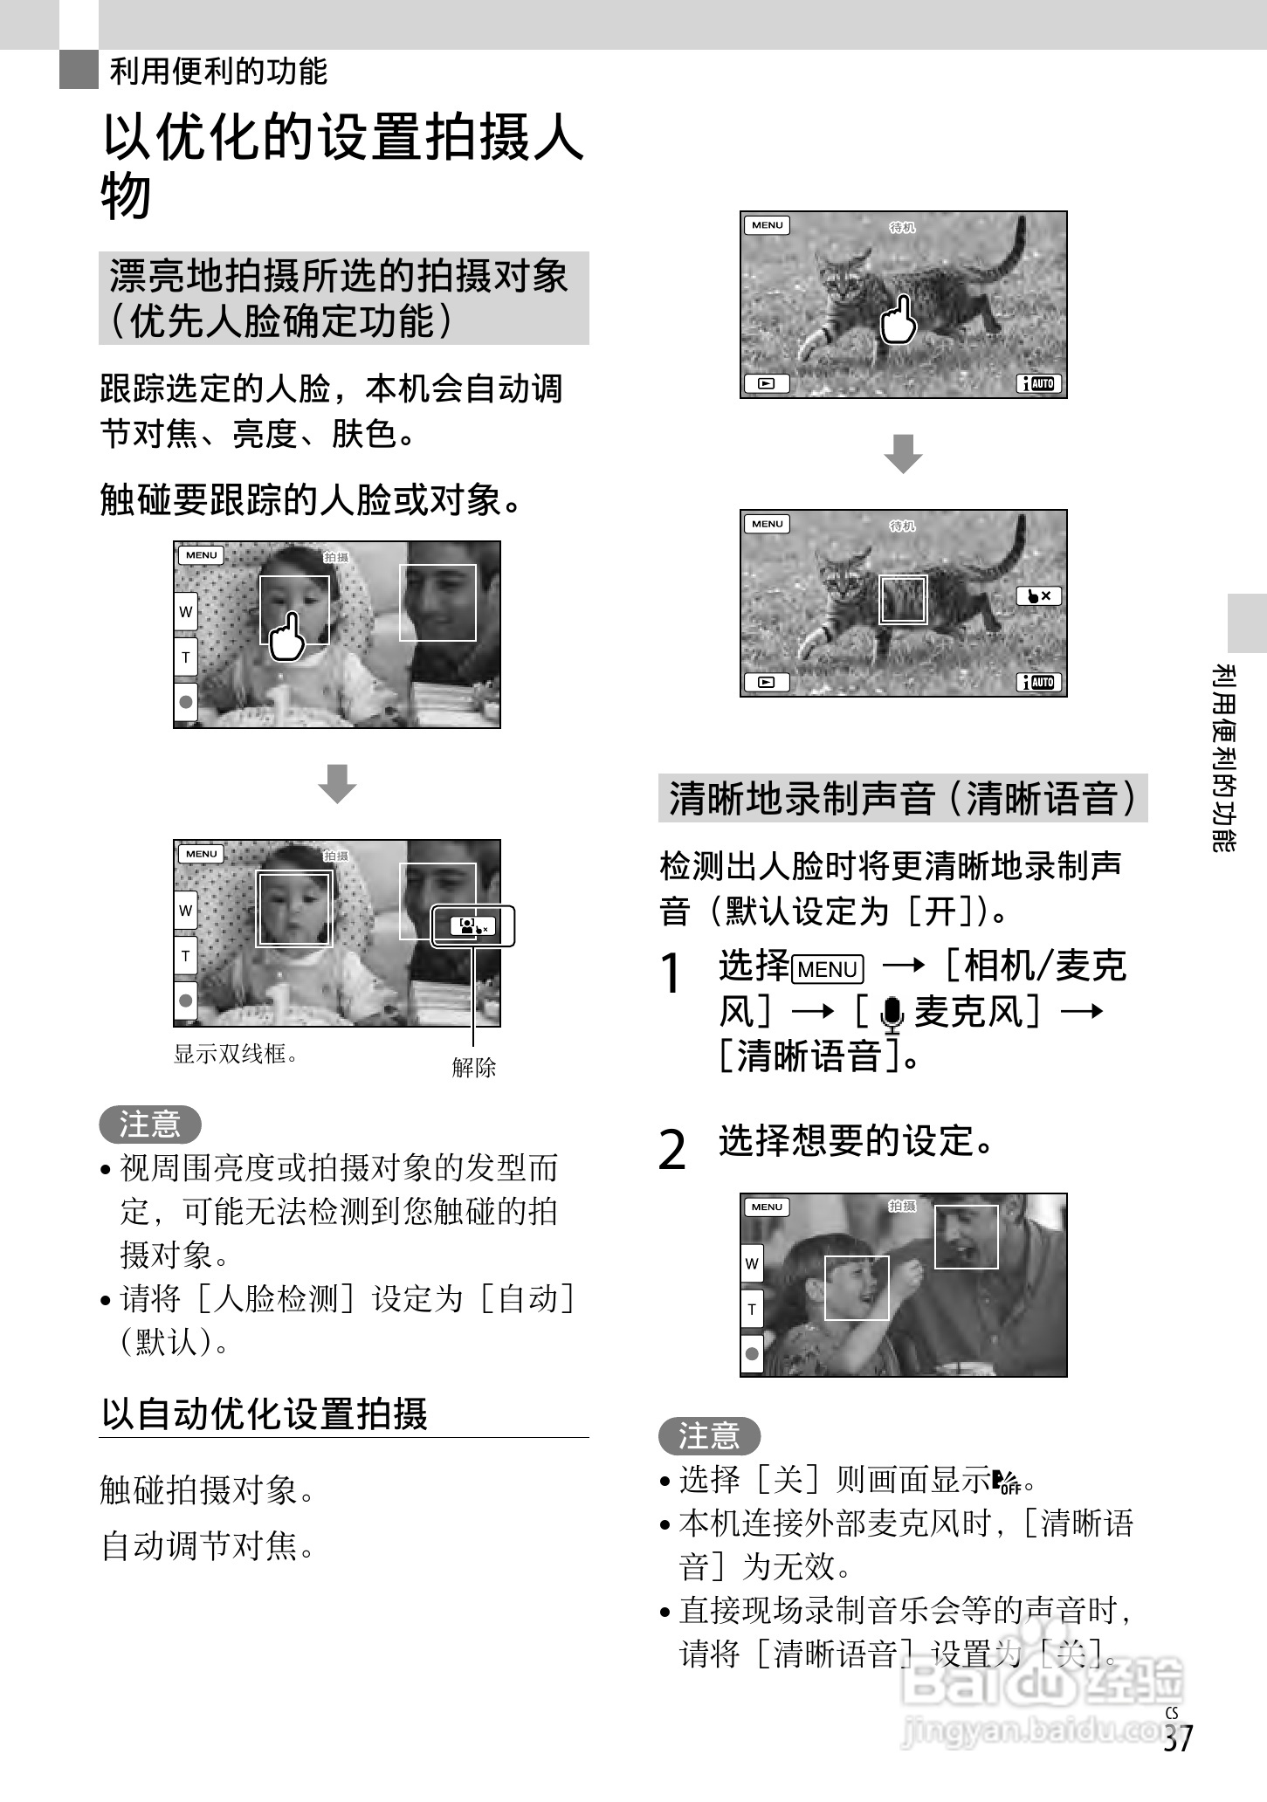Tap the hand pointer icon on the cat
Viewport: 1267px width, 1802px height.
coord(899,320)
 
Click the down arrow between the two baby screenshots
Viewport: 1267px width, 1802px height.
coord(337,783)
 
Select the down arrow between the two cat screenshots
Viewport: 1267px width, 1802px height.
coord(903,453)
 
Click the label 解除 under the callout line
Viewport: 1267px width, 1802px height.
coord(473,1067)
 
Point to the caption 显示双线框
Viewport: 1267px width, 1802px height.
coord(237,1054)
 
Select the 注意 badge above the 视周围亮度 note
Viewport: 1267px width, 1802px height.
coord(150,1124)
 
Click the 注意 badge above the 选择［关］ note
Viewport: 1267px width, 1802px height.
coord(709,1435)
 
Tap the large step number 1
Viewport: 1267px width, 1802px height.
coord(671,973)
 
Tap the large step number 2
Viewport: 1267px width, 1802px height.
coord(671,1150)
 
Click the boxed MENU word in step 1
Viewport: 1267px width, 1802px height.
coord(827,969)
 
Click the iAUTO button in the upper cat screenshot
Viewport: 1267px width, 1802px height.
coord(1039,383)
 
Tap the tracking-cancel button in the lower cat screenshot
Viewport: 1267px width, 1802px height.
coord(1038,596)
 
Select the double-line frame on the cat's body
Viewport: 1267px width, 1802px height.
coord(903,599)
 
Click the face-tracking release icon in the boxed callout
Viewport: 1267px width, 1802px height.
coord(472,926)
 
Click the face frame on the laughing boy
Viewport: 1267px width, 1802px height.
coord(857,1288)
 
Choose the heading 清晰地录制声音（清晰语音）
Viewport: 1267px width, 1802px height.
coord(902,798)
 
